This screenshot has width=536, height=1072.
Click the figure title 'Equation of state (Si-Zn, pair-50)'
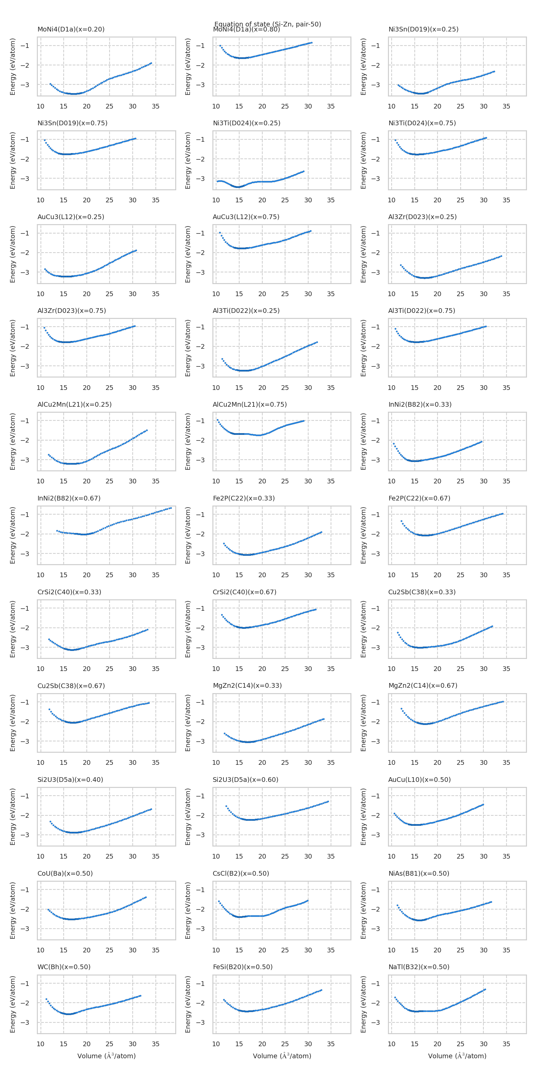268,24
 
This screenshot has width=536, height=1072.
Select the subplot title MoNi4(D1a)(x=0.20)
71,29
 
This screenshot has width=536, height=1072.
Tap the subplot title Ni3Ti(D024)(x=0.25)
246,123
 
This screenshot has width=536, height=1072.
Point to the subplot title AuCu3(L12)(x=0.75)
246,217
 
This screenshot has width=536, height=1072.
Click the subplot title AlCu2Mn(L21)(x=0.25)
74,404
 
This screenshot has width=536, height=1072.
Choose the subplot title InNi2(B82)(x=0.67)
69,498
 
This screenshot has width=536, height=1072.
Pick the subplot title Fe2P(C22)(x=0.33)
244,498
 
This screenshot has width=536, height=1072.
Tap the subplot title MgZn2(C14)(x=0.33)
247,685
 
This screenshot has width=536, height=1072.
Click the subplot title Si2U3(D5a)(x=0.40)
70,780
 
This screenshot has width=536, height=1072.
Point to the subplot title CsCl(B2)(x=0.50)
241,873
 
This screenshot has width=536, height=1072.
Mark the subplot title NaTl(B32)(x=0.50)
419,967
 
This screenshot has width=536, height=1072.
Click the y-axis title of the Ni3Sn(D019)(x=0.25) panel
363,67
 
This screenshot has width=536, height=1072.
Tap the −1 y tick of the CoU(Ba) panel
25,890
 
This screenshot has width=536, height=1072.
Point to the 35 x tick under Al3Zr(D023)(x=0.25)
506,294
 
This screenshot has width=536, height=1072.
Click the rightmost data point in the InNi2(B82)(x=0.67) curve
171,508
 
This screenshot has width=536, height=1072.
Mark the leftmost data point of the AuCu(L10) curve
394,814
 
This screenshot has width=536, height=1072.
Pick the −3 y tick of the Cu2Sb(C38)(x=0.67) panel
25,741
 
